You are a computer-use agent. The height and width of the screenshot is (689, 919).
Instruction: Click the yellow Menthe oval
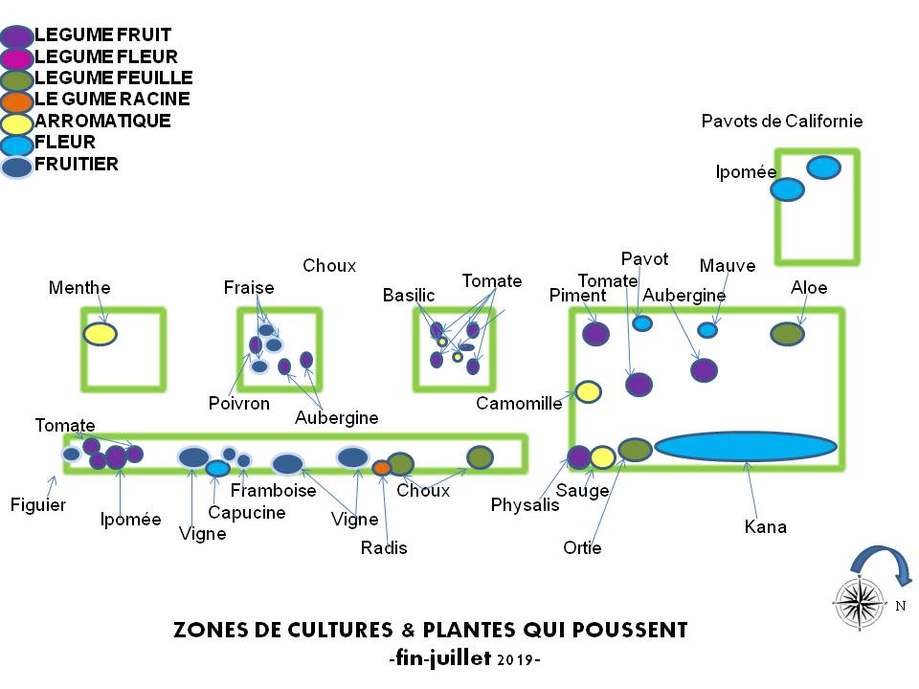tap(100, 333)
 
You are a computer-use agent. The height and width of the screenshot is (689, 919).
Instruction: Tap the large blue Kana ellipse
tap(746, 446)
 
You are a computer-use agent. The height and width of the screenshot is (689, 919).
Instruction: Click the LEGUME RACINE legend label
tap(112, 99)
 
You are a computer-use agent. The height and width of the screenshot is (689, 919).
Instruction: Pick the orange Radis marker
tap(381, 468)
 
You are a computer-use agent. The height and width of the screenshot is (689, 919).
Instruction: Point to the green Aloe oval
tap(787, 333)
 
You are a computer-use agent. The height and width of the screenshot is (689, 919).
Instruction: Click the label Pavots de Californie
tap(781, 121)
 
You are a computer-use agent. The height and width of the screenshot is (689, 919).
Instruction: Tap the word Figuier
tap(37, 504)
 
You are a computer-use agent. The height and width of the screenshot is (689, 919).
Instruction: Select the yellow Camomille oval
tap(588, 391)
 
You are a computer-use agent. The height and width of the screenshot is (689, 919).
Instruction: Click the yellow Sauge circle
tap(602, 457)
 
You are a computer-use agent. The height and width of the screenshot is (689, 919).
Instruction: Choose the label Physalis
tap(525, 504)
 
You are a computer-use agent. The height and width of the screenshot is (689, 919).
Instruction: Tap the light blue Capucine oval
tap(218, 468)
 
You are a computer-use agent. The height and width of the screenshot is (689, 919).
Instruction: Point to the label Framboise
tap(274, 490)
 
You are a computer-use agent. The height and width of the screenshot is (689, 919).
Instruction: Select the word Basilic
tap(409, 295)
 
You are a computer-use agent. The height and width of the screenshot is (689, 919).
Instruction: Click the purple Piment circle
tap(595, 333)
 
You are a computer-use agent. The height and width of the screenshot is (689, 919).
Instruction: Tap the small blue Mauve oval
tap(707, 330)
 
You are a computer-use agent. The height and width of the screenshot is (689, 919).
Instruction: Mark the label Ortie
tap(582, 548)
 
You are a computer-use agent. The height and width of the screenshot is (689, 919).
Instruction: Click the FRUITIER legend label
tap(77, 164)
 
